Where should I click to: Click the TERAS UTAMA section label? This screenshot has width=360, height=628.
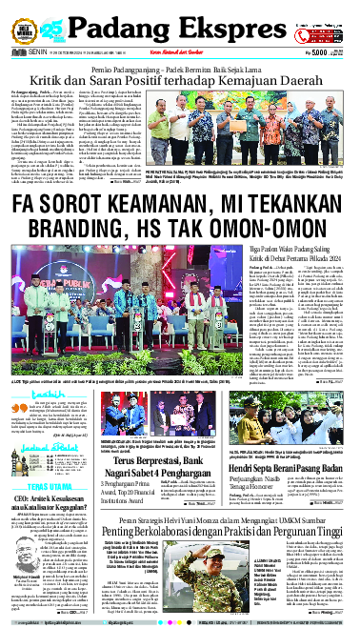[x=30, y=483]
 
